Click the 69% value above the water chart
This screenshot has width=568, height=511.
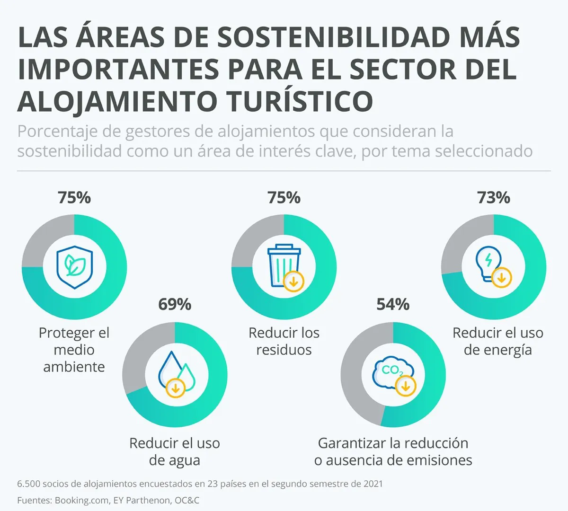pyautogui.click(x=175, y=304)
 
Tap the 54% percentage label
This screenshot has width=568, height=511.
pyautogui.click(x=393, y=304)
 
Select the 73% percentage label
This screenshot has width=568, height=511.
pyautogui.click(x=494, y=197)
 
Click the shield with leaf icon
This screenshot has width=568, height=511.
pyautogui.click(x=74, y=267)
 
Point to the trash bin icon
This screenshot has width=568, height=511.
pyautogui.click(x=284, y=266)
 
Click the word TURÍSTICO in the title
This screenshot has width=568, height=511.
pyautogui.click(x=300, y=100)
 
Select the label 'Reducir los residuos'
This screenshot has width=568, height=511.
pyautogui.click(x=284, y=341)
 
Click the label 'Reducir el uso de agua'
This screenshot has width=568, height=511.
pyautogui.click(x=175, y=451)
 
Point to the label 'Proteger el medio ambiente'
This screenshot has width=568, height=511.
pyautogui.click(x=74, y=350)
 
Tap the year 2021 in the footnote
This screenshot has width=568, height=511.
pyautogui.click(x=373, y=484)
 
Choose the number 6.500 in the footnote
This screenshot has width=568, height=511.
pyautogui.click(x=30, y=484)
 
